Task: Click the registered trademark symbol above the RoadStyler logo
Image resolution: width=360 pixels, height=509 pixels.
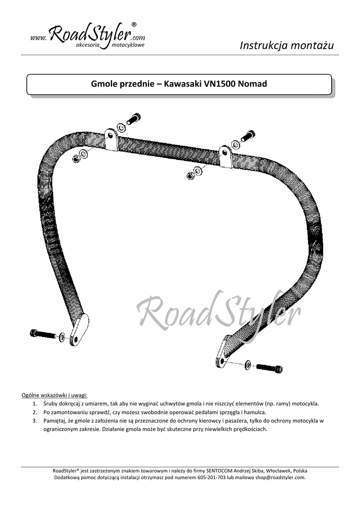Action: tap(133, 24)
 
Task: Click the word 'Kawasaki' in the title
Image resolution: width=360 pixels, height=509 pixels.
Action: tap(182, 84)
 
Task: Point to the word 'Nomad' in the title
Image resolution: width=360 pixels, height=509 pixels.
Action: tap(253, 84)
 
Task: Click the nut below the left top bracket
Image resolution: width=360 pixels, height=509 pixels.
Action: tap(77, 160)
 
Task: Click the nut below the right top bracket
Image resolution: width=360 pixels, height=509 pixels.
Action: tap(190, 175)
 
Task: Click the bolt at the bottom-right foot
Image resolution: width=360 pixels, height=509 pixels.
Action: tap(270, 368)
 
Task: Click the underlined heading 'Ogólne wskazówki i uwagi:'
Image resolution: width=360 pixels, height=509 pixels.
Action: tap(54, 395)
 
